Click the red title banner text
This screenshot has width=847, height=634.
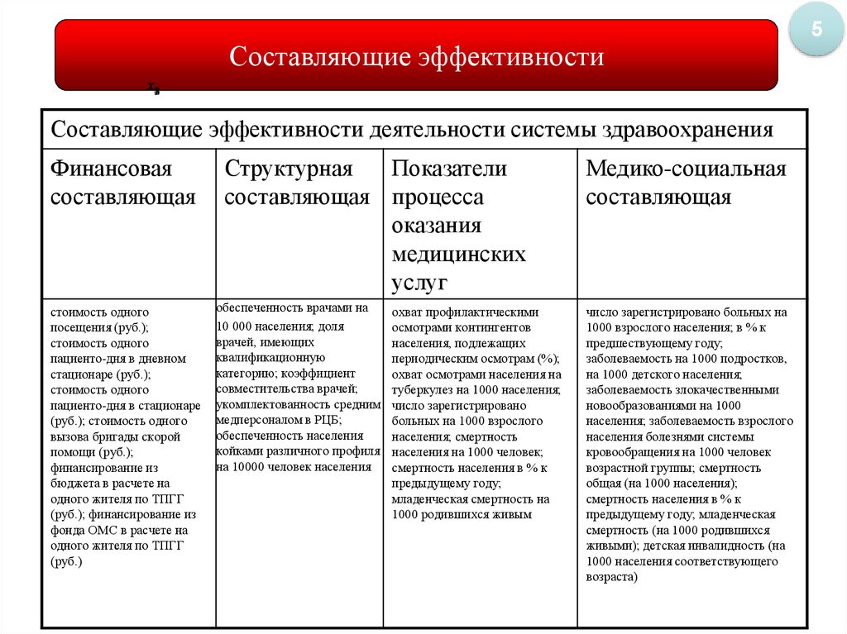coord(416,57)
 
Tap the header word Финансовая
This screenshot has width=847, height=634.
coord(111,169)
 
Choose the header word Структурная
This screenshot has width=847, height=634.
coord(289,169)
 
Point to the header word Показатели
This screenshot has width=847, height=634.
coord(449,169)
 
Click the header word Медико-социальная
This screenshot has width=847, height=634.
coord(686,169)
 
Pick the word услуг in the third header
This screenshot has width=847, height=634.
coord(419,283)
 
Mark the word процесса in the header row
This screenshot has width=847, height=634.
coord(438,198)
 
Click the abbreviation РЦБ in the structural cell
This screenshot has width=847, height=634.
coord(332,420)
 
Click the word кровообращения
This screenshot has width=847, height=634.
coord(631,452)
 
